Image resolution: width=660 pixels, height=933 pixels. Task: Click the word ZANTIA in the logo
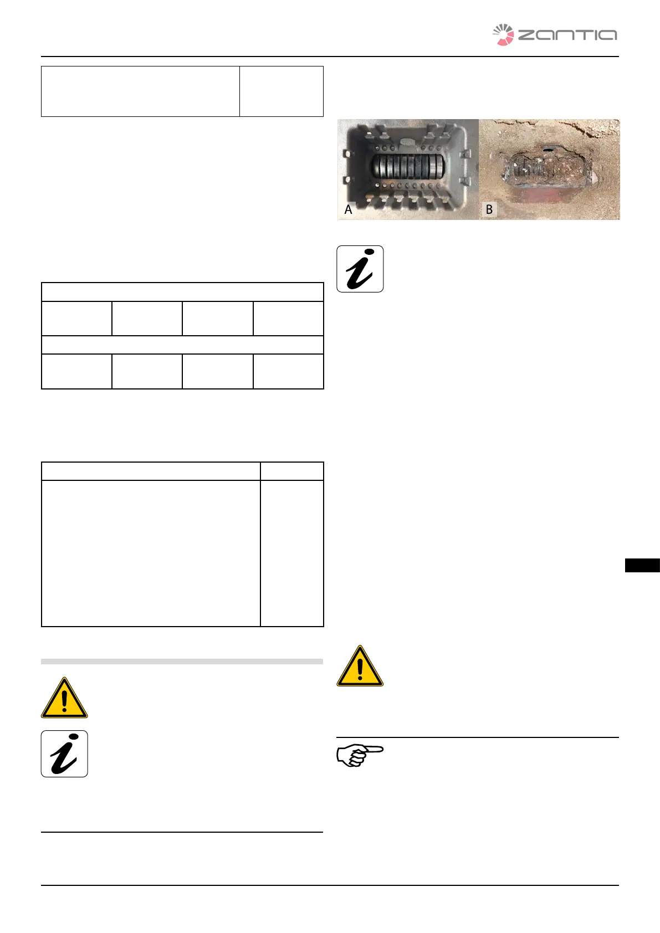click(x=567, y=35)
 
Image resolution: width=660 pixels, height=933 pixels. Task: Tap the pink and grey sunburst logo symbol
click(x=503, y=35)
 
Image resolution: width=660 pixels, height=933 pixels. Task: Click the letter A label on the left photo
click(x=348, y=209)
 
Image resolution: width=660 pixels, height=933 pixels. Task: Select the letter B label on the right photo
click(x=489, y=209)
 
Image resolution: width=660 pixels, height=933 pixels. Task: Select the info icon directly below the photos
click(x=360, y=269)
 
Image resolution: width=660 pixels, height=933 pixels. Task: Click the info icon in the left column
click(x=64, y=753)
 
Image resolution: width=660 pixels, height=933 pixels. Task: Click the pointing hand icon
click(x=360, y=755)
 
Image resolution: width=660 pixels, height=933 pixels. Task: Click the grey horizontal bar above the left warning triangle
click(x=182, y=662)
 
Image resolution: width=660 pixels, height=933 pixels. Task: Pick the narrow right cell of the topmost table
click(x=281, y=91)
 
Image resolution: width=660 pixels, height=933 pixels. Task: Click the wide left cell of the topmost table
click(x=140, y=91)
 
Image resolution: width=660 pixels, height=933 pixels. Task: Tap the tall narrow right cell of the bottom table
click(x=291, y=553)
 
